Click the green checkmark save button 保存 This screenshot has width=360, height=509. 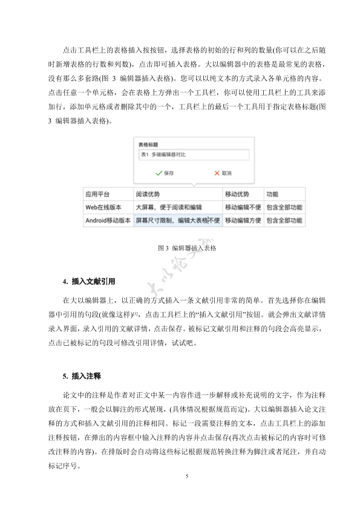point(165,173)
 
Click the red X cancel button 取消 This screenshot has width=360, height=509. point(223,173)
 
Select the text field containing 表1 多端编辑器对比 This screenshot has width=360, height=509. point(193,155)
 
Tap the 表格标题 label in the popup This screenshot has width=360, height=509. point(148,145)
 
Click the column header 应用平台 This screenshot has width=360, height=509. point(97,195)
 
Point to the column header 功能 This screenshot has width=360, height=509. point(272,195)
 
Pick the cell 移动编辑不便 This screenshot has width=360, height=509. point(243,207)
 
